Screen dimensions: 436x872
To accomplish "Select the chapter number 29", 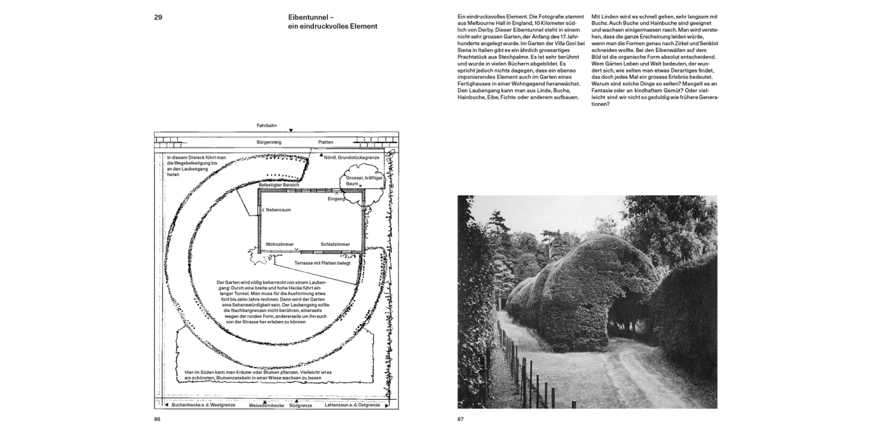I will click(158, 17).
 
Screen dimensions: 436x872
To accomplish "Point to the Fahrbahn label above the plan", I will click(266, 126).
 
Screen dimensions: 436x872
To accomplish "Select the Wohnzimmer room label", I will click(280, 244).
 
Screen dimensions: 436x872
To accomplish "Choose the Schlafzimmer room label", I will click(335, 244).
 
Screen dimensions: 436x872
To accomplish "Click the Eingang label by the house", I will click(336, 199).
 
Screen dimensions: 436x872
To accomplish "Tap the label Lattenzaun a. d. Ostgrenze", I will click(353, 405).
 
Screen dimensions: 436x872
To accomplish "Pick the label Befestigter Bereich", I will click(279, 184).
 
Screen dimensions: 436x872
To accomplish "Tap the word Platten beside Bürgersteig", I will click(326, 142).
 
